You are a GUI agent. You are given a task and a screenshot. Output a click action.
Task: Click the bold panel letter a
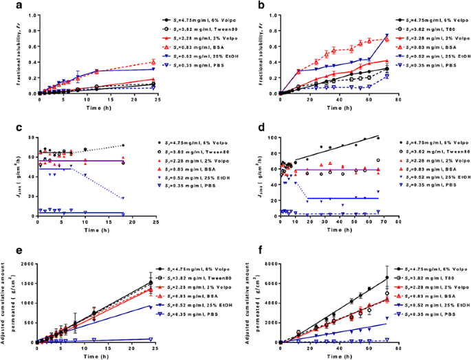7,7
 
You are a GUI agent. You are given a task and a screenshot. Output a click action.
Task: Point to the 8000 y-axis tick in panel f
264,264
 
